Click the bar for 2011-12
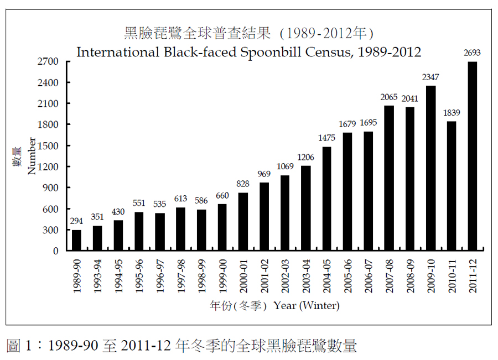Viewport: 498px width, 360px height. pyautogui.click(x=472, y=156)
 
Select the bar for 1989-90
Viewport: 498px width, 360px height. pyautogui.click(x=76, y=240)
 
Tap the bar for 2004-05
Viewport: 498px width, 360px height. pyautogui.click(x=326, y=199)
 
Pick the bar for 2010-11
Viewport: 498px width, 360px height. pyautogui.click(x=451, y=186)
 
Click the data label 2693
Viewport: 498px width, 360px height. pyautogui.click(x=472, y=54)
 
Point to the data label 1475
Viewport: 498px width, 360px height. pyautogui.click(x=326, y=138)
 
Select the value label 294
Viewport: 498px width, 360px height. pyautogui.click(x=76, y=221)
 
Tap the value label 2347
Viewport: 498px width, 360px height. pyautogui.click(x=430, y=77)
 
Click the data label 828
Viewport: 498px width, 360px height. pyautogui.click(x=243, y=184)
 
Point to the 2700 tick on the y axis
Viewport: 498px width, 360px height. pyautogui.click(x=48, y=61)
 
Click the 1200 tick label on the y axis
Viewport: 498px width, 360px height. pyautogui.click(x=48, y=167)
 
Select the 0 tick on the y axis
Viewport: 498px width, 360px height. pyautogui.click(x=55, y=251)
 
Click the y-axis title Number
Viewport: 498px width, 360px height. pyautogui.click(x=32, y=156)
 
